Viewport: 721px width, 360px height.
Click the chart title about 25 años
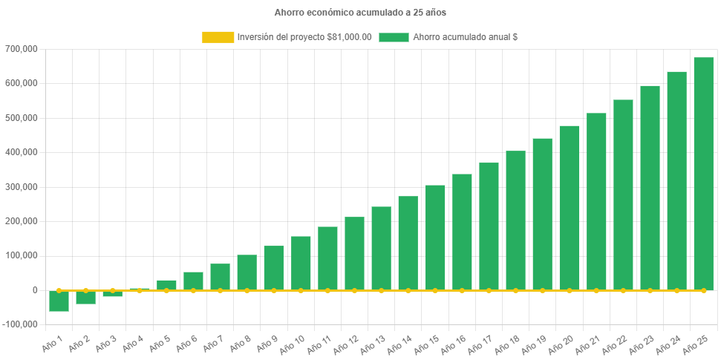(x=360, y=13)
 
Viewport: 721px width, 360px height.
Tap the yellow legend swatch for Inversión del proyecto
(x=217, y=37)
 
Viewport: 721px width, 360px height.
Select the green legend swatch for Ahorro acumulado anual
(x=394, y=37)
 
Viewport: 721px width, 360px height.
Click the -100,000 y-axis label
(x=22, y=324)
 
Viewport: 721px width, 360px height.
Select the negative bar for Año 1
(x=59, y=301)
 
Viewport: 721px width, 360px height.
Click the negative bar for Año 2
(x=85, y=297)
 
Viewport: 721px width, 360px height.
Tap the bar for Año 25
(x=703, y=174)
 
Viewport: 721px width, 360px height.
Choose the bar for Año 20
(x=569, y=208)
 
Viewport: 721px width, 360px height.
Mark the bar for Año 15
(x=435, y=238)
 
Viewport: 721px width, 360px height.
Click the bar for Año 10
(x=301, y=263)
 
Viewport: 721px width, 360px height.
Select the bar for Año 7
(x=220, y=277)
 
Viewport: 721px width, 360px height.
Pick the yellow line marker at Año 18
(x=515, y=290)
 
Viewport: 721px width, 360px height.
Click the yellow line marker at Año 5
(x=166, y=290)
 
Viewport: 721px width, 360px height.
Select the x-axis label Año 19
(x=532, y=343)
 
